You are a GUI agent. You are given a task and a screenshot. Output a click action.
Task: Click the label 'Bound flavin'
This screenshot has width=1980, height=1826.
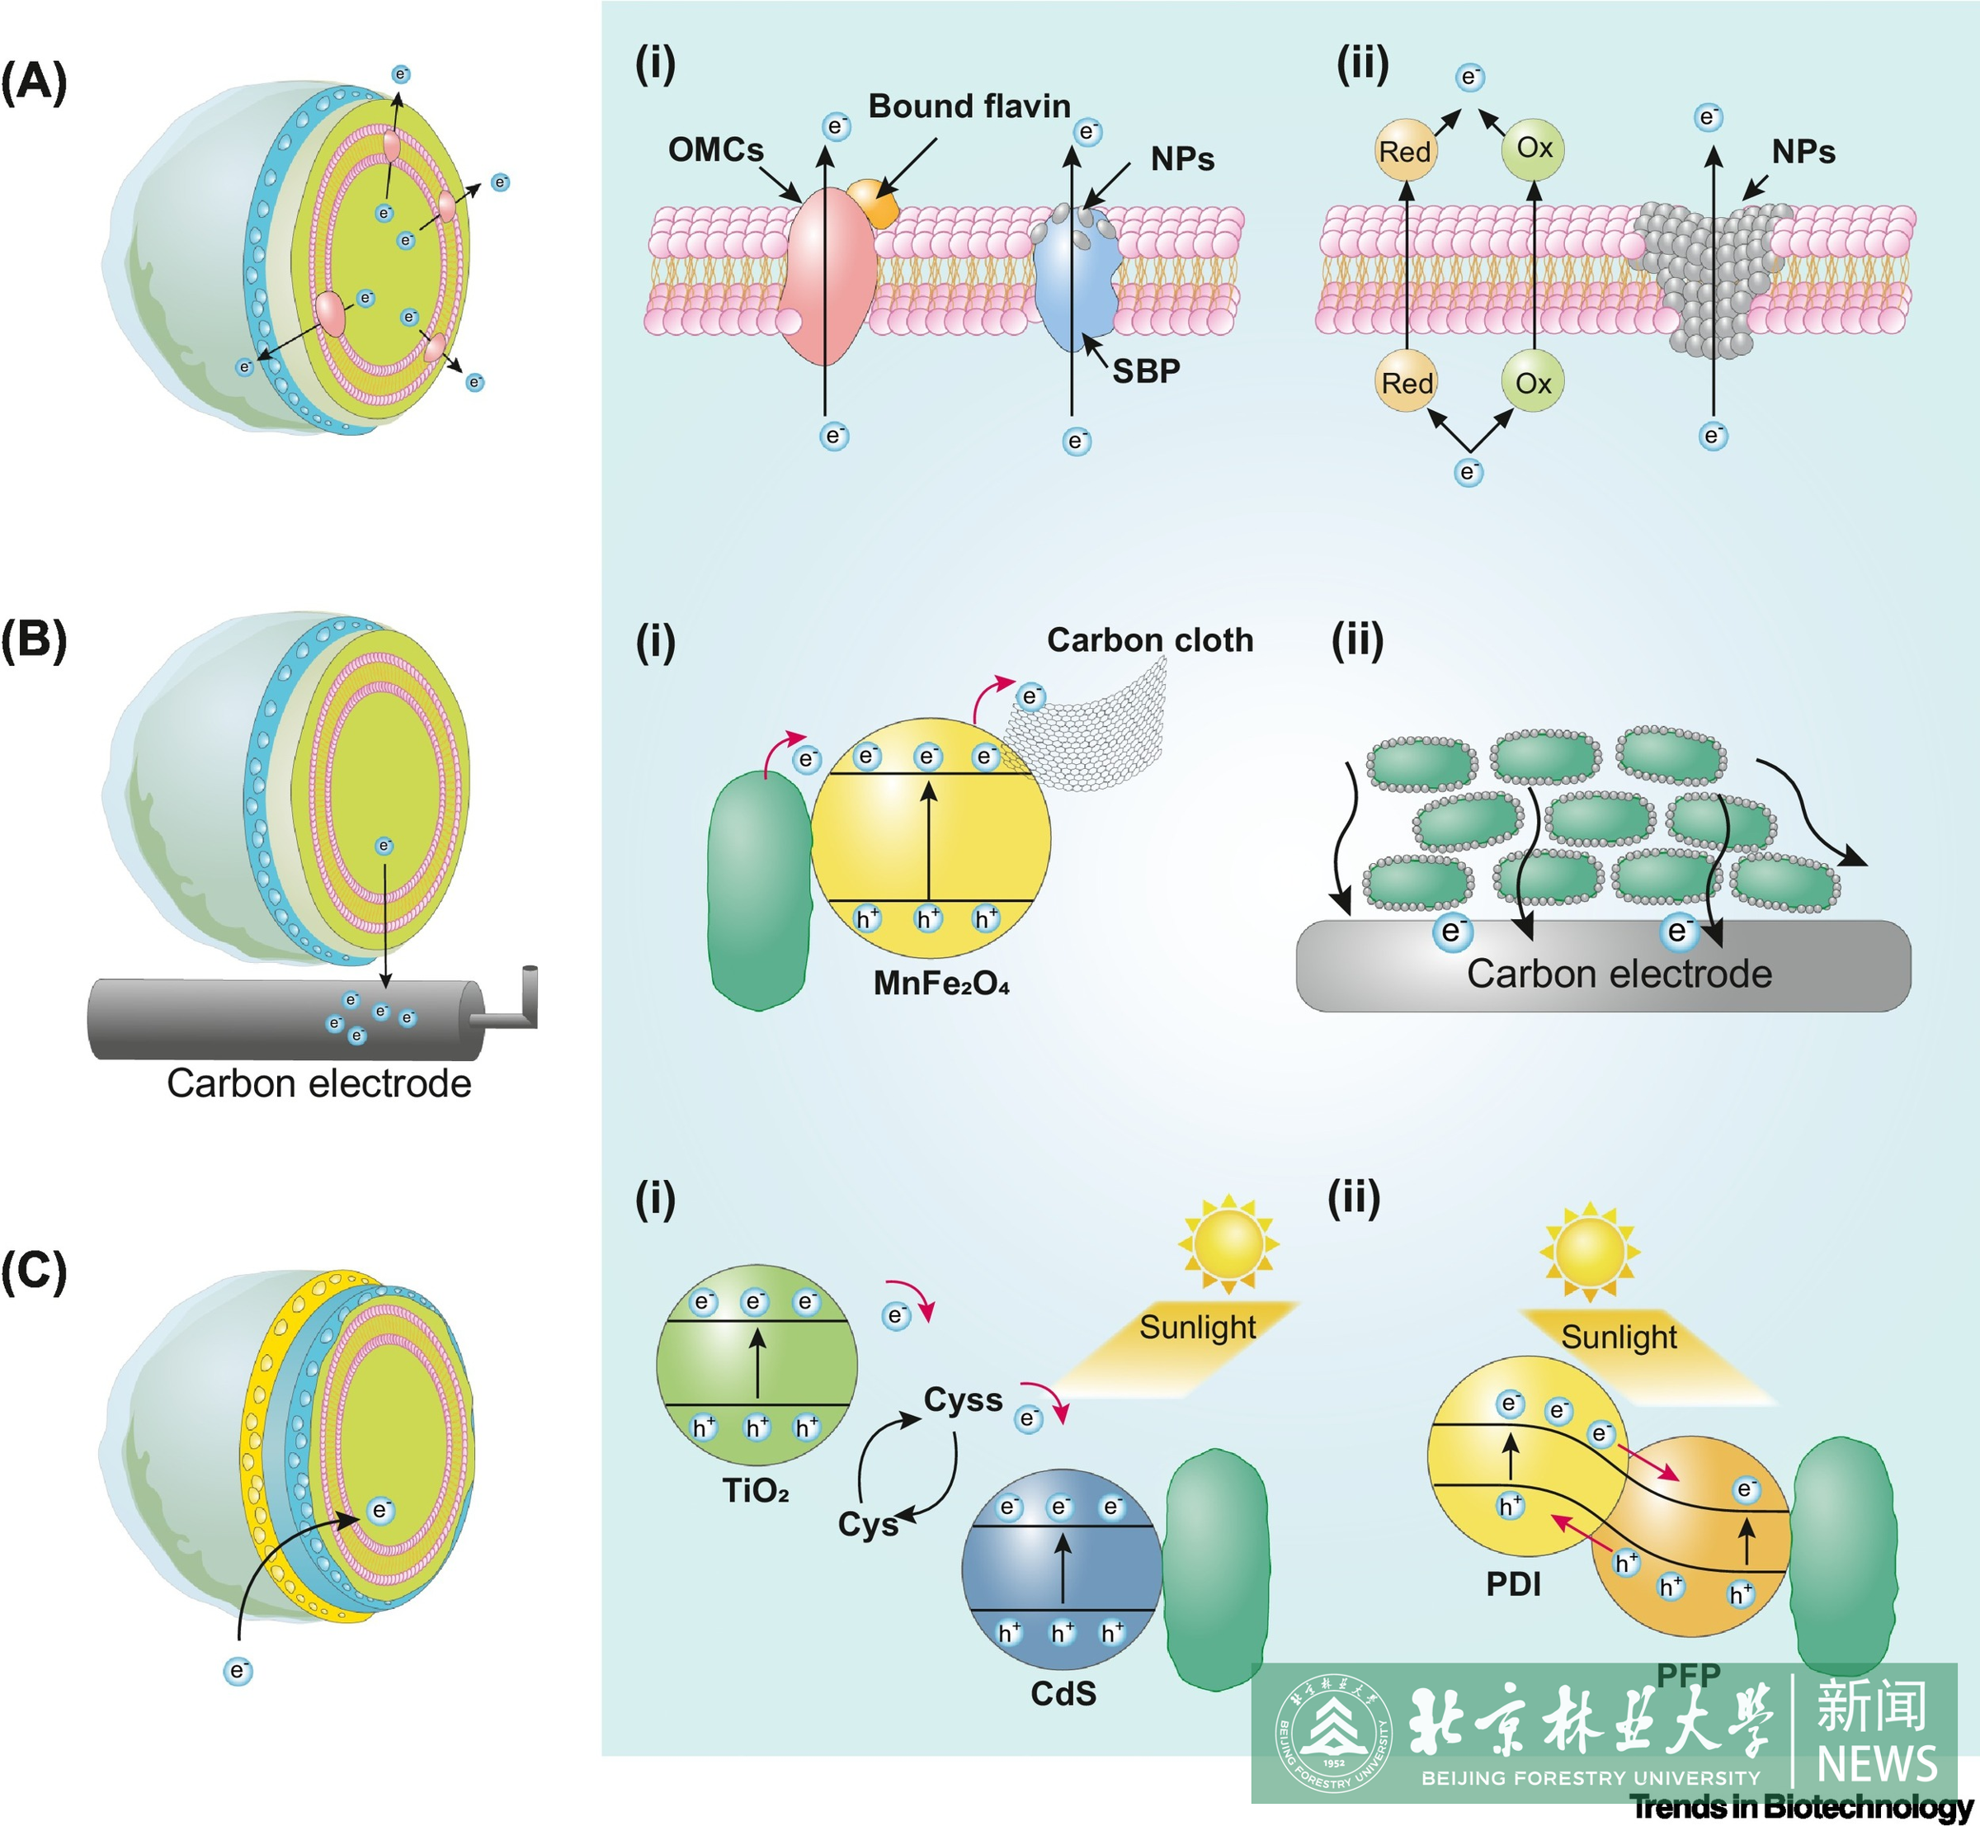click(969, 106)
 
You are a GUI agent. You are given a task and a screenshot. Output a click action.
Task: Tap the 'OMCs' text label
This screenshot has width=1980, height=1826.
click(715, 149)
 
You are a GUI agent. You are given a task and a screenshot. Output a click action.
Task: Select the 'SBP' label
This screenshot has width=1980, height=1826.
click(1146, 371)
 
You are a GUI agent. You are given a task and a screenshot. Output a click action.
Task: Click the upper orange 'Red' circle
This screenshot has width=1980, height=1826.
click(1405, 151)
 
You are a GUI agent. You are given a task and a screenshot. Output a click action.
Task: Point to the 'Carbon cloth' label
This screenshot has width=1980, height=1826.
click(1149, 640)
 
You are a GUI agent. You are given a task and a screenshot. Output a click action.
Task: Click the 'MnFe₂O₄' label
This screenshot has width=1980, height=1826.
click(940, 984)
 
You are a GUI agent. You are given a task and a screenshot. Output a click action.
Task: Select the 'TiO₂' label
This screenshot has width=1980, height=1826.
click(756, 1490)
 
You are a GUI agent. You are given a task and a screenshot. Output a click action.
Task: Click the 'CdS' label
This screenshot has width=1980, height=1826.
click(1063, 1694)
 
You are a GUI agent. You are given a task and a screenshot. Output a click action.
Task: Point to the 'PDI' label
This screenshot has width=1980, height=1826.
click(1513, 1584)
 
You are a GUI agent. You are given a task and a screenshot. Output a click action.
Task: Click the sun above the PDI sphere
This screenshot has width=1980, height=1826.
click(1589, 1251)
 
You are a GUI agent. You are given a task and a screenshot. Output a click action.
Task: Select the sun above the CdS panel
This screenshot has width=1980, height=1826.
click(1228, 1243)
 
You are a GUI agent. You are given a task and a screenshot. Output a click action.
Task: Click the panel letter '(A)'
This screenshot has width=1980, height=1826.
click(35, 81)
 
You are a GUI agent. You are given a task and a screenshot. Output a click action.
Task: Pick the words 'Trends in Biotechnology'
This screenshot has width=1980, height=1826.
click(1801, 1807)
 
